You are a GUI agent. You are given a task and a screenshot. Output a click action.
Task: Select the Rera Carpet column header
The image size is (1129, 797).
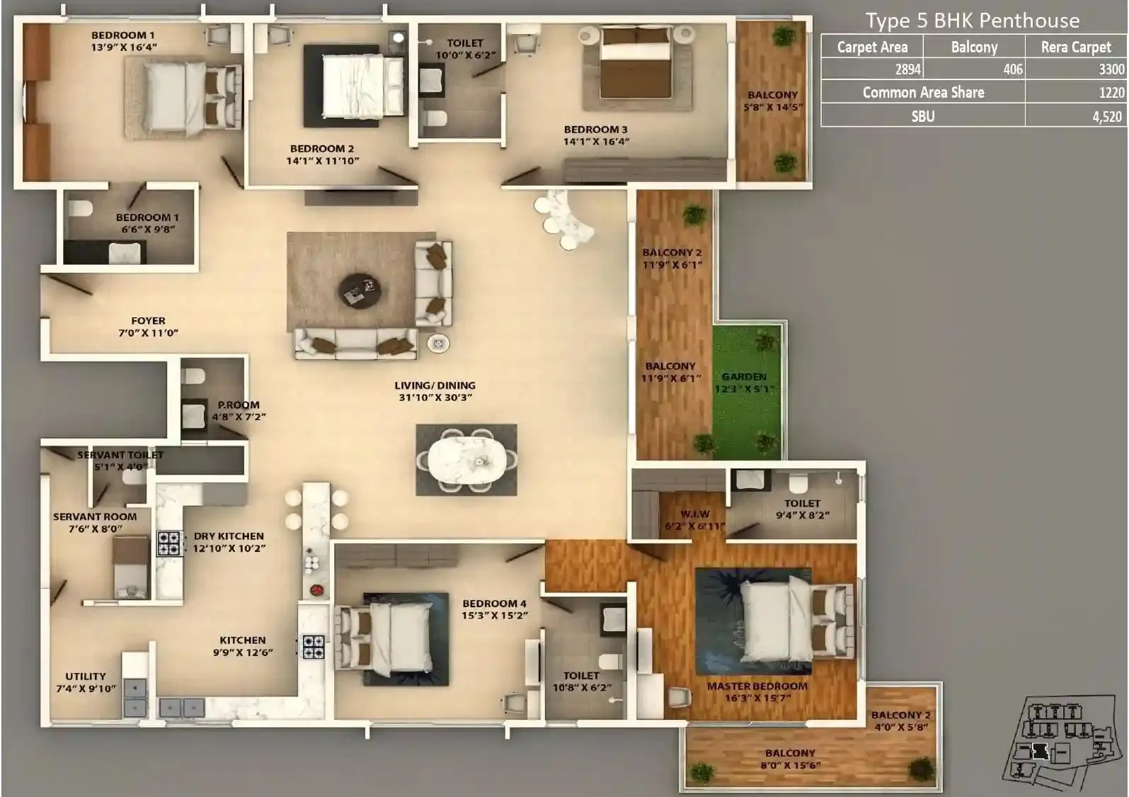tap(1075, 47)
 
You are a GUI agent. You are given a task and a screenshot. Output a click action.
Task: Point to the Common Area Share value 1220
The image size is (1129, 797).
tap(1111, 93)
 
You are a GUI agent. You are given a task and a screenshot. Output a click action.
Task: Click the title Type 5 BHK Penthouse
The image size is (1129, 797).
tap(972, 21)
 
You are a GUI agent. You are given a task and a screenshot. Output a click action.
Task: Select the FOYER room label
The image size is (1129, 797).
tap(148, 321)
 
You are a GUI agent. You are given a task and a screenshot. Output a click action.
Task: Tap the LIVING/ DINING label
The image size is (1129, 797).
tap(435, 385)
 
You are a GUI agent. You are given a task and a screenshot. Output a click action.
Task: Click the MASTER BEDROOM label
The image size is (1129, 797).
tap(757, 686)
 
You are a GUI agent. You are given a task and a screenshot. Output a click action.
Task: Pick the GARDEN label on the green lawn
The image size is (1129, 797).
tap(744, 377)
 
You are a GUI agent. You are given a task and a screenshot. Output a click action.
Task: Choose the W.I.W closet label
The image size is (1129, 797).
tap(694, 514)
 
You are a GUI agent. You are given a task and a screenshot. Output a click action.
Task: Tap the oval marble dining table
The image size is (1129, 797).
tap(466, 460)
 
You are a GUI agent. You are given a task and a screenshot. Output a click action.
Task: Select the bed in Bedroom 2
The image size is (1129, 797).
tap(354, 86)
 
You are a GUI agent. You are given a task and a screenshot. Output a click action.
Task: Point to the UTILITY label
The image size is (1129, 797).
tap(86, 677)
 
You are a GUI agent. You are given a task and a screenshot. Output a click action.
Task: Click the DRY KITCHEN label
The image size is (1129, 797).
tap(229, 536)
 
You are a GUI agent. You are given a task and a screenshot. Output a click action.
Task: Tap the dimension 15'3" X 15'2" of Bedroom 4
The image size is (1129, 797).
tap(495, 616)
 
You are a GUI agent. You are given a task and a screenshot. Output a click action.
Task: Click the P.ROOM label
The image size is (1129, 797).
tap(239, 405)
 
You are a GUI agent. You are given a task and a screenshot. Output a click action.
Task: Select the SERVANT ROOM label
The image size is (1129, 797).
tap(95, 517)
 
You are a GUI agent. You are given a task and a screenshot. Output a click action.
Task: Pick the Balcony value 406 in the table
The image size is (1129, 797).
tap(1012, 69)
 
